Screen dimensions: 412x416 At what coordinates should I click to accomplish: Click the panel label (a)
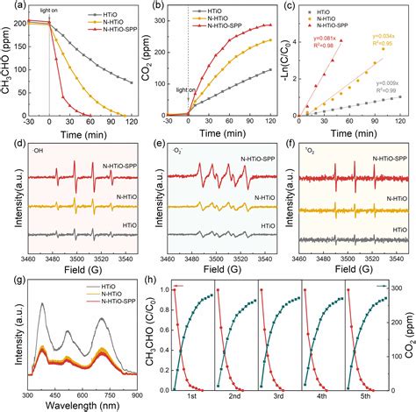point(8,7)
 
